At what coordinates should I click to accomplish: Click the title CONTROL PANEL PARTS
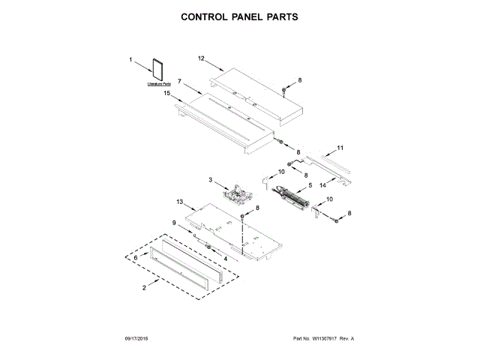240,16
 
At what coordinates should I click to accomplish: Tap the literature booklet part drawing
157,68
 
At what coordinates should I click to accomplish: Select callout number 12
201,58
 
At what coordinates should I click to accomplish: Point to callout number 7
181,79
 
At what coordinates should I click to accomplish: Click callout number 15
168,94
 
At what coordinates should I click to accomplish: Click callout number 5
309,184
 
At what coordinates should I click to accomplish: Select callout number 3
211,181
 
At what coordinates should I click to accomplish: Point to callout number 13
180,202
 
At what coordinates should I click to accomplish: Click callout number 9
174,223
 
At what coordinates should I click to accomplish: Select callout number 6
136,256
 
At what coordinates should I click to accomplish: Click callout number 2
145,288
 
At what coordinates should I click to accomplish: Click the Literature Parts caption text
159,85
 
